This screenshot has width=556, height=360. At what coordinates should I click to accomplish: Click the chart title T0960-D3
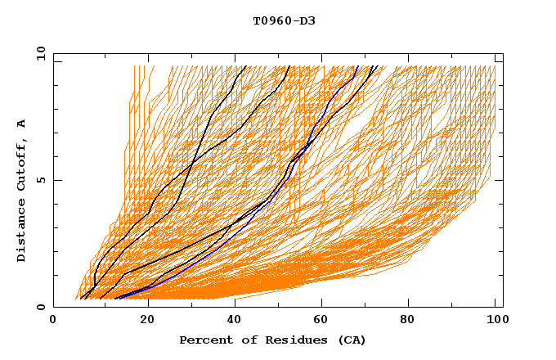[284, 20]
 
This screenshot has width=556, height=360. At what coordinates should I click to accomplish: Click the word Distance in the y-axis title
[21, 232]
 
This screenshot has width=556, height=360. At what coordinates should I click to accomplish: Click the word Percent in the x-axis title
[204, 340]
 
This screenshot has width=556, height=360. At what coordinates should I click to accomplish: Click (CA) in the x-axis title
[350, 340]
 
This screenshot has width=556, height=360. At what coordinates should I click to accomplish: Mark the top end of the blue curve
[358, 65]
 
